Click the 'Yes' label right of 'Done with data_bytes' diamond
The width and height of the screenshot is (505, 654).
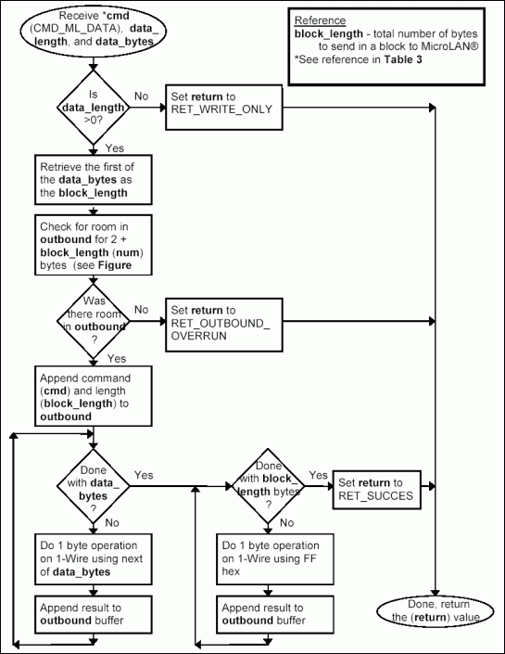(x=144, y=475)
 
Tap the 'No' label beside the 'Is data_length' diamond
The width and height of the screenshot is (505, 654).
(x=142, y=96)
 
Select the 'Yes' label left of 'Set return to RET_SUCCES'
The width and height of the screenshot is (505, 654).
(x=318, y=475)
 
